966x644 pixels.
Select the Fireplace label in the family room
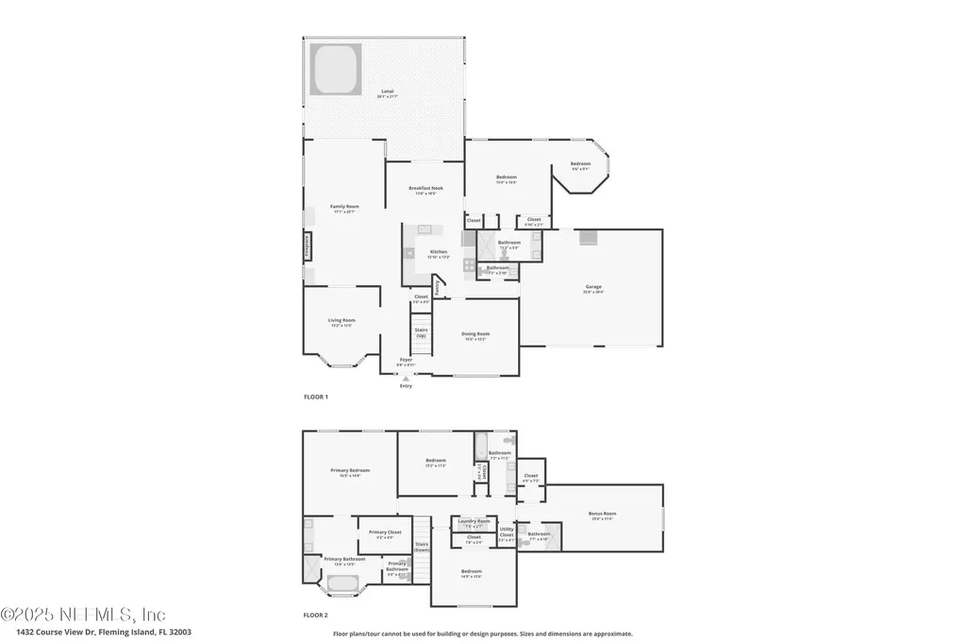(x=308, y=246)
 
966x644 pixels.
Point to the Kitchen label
(x=439, y=252)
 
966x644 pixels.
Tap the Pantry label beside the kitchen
(x=438, y=284)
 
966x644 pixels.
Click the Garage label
(x=593, y=287)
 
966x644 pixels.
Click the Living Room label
(x=341, y=321)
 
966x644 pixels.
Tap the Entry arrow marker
(x=406, y=378)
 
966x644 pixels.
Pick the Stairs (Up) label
(x=421, y=332)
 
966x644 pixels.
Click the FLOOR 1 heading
(x=315, y=398)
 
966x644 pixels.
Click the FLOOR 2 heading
(x=315, y=615)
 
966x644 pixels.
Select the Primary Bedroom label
(x=350, y=471)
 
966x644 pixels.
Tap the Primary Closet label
(x=385, y=533)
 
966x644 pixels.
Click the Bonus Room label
(x=602, y=516)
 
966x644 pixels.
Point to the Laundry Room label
(x=474, y=521)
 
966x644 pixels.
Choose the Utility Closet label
(x=507, y=533)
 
